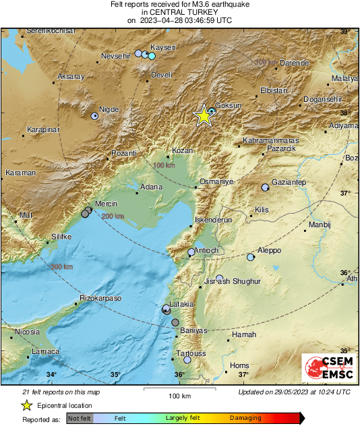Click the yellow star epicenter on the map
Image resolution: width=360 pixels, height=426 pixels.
(203, 116)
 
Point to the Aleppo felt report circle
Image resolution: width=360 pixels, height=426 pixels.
(251, 257)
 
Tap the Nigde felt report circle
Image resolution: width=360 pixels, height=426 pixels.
(94, 116)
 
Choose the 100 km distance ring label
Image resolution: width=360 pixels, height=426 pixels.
(163, 165)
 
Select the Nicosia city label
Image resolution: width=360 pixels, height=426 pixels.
(27, 332)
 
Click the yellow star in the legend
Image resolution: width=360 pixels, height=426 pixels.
(26, 406)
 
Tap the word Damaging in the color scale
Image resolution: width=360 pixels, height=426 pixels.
(245, 418)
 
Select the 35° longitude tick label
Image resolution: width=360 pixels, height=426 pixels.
(115, 375)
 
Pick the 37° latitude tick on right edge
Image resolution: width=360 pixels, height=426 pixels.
(344, 193)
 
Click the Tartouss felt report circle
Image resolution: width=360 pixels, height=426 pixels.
(187, 360)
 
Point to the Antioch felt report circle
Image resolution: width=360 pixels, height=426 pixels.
(191, 252)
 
